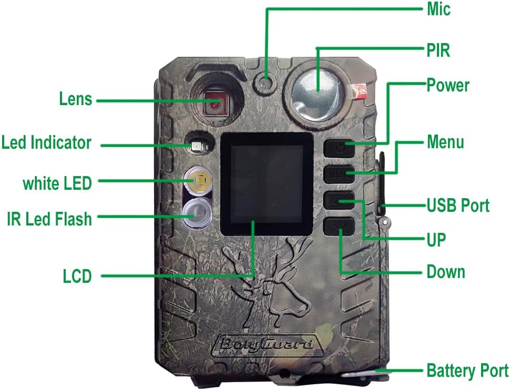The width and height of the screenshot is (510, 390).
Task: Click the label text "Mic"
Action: click(438, 9)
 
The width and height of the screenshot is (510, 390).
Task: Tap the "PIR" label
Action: click(438, 50)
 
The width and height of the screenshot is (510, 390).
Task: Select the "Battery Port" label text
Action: click(467, 371)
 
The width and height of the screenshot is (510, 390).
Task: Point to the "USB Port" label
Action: click(458, 206)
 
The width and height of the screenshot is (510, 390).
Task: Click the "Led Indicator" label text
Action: click(46, 143)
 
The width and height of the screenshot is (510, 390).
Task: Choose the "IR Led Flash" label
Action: click(49, 219)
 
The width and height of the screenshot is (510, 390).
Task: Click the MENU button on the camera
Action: click(339, 174)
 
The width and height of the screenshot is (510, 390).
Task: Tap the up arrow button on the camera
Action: click(339, 200)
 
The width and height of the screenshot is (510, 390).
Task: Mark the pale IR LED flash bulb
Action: click(197, 213)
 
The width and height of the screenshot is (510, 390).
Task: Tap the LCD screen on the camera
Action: click(267, 184)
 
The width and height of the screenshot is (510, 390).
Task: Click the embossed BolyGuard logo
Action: click(268, 344)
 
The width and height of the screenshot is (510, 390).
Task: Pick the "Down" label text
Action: click(446, 272)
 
